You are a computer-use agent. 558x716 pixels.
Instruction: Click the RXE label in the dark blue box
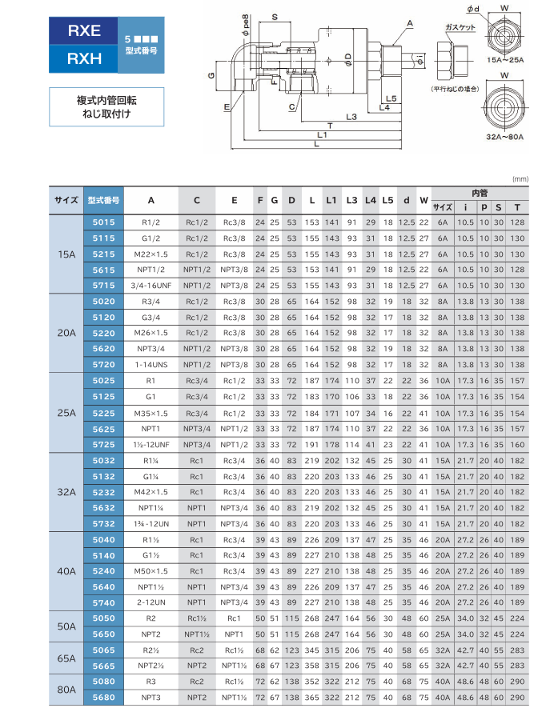tap(84, 31)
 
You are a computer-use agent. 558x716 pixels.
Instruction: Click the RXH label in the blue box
tap(84, 58)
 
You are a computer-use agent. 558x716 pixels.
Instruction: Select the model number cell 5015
tap(104, 222)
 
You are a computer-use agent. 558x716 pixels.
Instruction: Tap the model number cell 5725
tap(104, 443)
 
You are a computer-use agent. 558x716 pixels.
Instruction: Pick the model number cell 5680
tap(104, 697)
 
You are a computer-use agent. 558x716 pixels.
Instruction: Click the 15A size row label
tap(66, 254)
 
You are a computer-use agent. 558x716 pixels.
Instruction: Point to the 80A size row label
tap(66, 689)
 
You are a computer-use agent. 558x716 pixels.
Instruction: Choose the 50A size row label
tap(66, 626)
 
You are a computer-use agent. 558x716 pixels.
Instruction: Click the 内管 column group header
tap(478, 193)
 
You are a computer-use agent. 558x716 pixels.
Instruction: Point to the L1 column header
tap(331, 200)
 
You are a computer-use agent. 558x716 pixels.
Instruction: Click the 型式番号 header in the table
tap(104, 200)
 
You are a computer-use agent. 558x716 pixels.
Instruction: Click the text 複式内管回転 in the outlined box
tap(106, 101)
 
